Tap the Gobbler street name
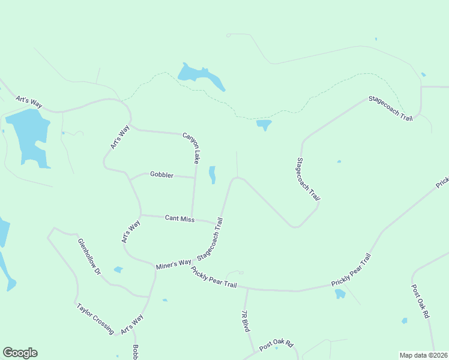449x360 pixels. (x=161, y=175)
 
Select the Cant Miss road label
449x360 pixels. (x=179, y=219)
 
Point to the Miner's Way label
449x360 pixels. (x=173, y=263)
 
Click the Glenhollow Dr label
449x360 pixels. (x=89, y=256)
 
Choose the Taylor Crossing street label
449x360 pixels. (x=95, y=319)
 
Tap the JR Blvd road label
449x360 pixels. (x=245, y=321)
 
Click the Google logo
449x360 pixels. (x=20, y=353)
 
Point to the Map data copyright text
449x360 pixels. (x=423, y=355)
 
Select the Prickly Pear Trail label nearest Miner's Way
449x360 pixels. (x=214, y=278)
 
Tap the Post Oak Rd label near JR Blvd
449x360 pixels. (x=276, y=345)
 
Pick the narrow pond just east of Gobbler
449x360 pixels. (x=212, y=175)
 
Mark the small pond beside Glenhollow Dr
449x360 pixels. (x=118, y=269)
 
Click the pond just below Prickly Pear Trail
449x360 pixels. (x=340, y=293)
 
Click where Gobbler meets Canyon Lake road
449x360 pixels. (x=194, y=178)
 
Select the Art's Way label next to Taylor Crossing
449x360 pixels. (x=132, y=324)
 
